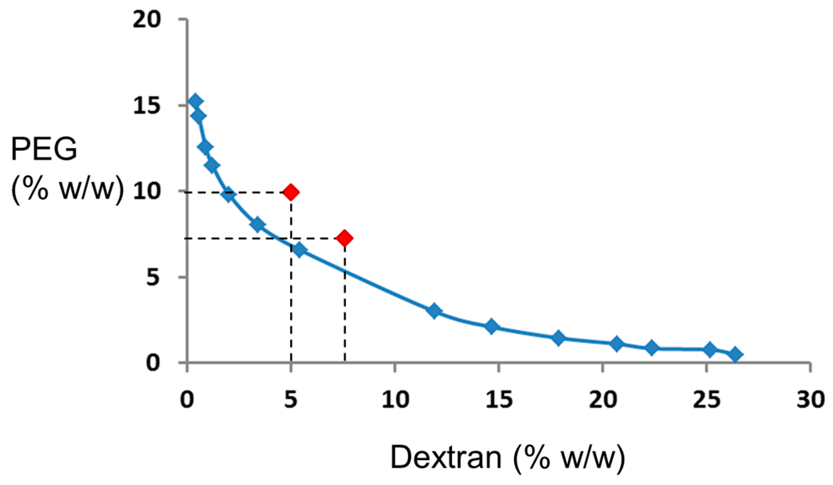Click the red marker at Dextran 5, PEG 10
(x=291, y=192)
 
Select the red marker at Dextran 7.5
(x=344, y=238)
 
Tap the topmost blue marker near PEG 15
(x=195, y=101)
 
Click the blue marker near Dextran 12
(x=434, y=311)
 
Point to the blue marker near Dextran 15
(x=491, y=326)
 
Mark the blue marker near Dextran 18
(x=558, y=338)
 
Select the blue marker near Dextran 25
(x=710, y=350)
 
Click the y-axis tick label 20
(x=147, y=20)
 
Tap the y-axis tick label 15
(x=147, y=106)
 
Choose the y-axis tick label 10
(x=147, y=191)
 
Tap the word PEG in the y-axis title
(x=44, y=149)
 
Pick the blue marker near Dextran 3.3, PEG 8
(x=257, y=225)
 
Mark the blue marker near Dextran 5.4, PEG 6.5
(x=299, y=250)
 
